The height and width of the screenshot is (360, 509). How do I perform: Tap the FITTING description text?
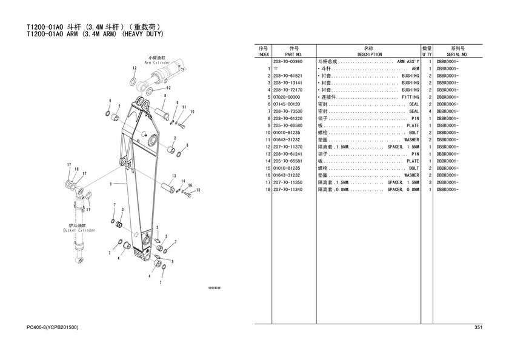[410, 97]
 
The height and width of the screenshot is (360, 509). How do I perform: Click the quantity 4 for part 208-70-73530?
[429, 112]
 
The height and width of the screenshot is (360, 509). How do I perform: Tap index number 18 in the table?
[267, 190]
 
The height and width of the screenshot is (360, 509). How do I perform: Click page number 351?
[477, 328]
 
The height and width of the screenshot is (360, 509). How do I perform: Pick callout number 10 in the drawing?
[191, 112]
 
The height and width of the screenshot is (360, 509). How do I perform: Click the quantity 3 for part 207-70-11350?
[429, 182]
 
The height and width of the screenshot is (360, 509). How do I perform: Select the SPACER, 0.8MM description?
[403, 190]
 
